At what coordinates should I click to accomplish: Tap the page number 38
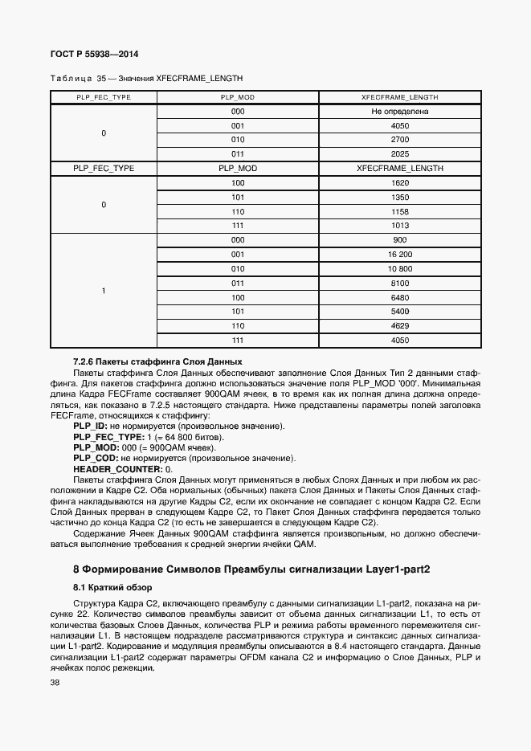point(55,683)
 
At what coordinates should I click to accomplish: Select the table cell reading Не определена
point(399,112)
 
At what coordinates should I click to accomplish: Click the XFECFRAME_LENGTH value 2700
point(399,140)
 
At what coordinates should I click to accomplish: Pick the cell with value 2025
point(399,154)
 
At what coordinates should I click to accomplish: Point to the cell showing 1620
point(399,183)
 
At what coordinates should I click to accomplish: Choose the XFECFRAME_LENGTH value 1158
point(399,211)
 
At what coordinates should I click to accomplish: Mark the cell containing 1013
point(399,226)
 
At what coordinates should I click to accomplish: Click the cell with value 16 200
point(399,255)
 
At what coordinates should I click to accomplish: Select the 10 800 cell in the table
point(399,269)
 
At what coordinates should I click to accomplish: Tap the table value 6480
point(399,297)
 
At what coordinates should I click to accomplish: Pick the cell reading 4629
point(399,326)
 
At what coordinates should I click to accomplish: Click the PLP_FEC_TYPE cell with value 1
point(103,291)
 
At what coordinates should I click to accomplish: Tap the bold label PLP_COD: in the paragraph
point(95,458)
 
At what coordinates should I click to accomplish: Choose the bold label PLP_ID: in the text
point(90,426)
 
